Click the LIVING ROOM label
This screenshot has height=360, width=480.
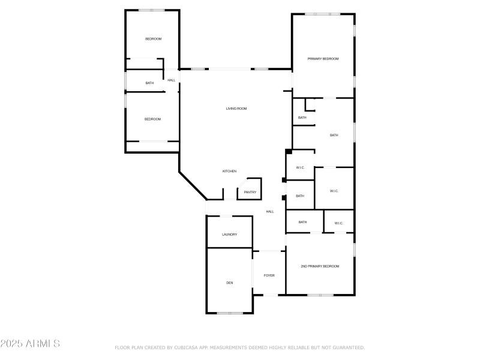point(236,109)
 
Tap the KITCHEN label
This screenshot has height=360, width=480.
point(229,171)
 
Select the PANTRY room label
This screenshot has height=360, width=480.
point(250,193)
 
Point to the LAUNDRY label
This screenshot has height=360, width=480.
point(229,235)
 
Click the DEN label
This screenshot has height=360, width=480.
point(229,283)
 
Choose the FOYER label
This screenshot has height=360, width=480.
point(269,275)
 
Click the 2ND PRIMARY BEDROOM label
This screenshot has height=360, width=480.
point(320,266)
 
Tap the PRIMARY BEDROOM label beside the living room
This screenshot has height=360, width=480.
point(323,59)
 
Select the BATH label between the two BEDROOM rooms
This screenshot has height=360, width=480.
point(149,83)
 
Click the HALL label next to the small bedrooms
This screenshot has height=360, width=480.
point(172,80)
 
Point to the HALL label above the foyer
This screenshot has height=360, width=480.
point(270,211)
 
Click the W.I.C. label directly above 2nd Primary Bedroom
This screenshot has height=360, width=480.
point(338,223)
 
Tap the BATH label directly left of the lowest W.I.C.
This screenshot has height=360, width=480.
point(302,222)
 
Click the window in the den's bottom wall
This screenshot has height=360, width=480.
point(230,313)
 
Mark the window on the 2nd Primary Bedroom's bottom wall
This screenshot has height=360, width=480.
point(320,295)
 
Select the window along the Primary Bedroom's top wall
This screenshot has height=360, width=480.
point(322,14)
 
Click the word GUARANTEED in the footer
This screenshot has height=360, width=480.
point(348,347)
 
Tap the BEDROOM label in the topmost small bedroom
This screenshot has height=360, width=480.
point(153,39)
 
